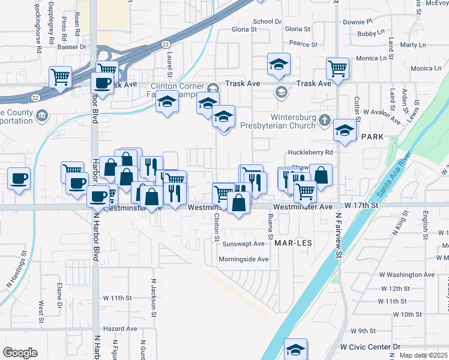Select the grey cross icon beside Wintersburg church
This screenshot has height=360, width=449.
(325, 119)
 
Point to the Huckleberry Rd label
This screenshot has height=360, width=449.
(310, 152)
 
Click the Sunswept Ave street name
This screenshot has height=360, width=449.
(243, 244)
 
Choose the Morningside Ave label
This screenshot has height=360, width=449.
(243, 259)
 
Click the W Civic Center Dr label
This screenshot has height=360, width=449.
(370, 347)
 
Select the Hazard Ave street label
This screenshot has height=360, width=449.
(120, 329)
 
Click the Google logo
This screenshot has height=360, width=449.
(20, 353)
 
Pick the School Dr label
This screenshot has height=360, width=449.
(267, 22)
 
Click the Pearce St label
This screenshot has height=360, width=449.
(303, 44)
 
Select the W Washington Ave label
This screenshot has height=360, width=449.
(406, 274)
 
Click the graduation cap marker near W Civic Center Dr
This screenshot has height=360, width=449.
(295, 349)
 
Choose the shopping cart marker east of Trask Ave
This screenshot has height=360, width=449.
(338, 67)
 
